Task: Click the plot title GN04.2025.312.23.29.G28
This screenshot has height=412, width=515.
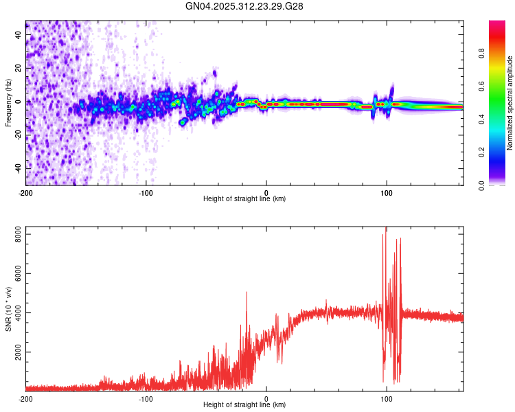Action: [244, 6]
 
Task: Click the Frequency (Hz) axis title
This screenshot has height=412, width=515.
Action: [8, 103]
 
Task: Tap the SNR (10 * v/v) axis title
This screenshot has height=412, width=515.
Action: [8, 308]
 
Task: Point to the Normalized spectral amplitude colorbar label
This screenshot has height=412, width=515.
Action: [510, 103]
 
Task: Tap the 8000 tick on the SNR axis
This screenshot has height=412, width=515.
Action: [14, 235]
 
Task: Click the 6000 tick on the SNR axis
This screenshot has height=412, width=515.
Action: [14, 274]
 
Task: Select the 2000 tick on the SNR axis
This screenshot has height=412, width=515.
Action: [14, 352]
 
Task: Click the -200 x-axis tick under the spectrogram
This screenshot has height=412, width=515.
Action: [26, 192]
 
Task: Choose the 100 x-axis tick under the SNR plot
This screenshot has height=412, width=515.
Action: [387, 398]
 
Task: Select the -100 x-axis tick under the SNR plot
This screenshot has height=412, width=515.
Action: [146, 398]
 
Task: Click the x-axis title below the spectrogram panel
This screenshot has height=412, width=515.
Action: [244, 199]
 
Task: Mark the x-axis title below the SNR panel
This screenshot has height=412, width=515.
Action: [244, 406]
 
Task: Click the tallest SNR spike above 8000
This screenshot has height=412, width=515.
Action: [386, 229]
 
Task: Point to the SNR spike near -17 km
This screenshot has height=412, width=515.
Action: [247, 293]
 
